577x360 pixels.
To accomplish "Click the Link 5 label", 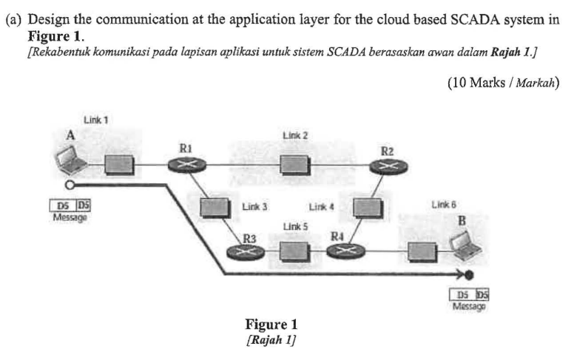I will tap(294, 225).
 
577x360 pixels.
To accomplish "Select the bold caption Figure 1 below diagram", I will tap(270, 325).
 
